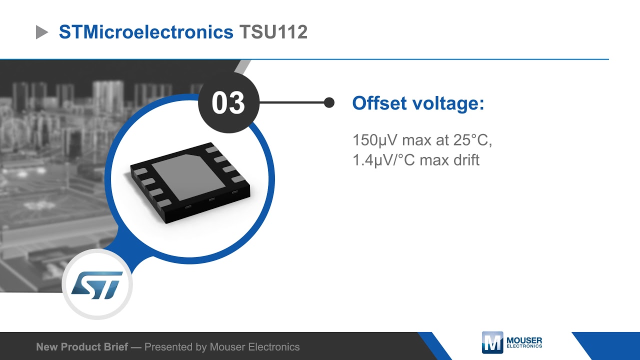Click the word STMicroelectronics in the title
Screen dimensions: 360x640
coord(146,32)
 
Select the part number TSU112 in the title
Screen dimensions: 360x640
coord(273,32)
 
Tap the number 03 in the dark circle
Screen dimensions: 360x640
coord(228,103)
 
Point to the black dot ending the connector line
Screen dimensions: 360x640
coord(329,103)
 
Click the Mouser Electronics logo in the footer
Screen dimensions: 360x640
coord(511,343)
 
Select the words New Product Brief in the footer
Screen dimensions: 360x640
coord(82,347)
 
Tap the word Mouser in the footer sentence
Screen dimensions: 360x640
coord(227,347)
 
